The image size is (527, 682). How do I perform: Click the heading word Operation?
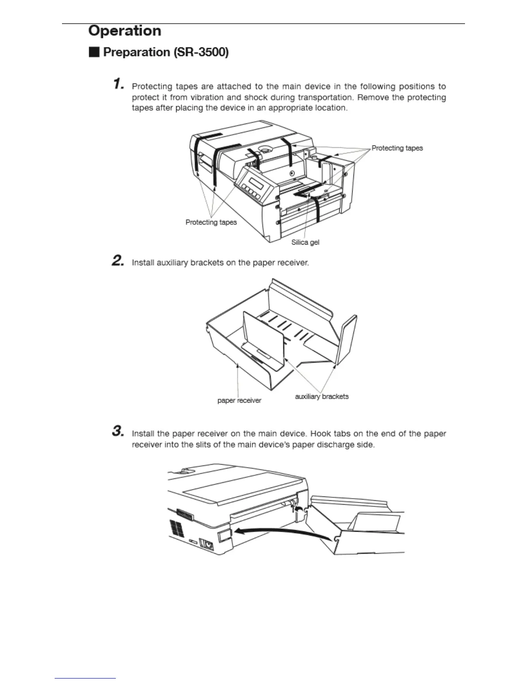[124, 31]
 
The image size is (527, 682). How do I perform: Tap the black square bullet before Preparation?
[94, 53]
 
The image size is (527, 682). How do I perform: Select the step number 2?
[118, 260]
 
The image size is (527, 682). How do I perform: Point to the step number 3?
[118, 431]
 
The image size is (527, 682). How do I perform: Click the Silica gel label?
[305, 242]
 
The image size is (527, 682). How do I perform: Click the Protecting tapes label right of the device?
[397, 148]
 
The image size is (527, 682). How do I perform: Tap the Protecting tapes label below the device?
[211, 222]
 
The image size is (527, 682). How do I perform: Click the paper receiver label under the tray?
[239, 400]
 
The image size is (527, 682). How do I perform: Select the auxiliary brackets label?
[322, 397]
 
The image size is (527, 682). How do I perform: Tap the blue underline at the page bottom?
[85, 679]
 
